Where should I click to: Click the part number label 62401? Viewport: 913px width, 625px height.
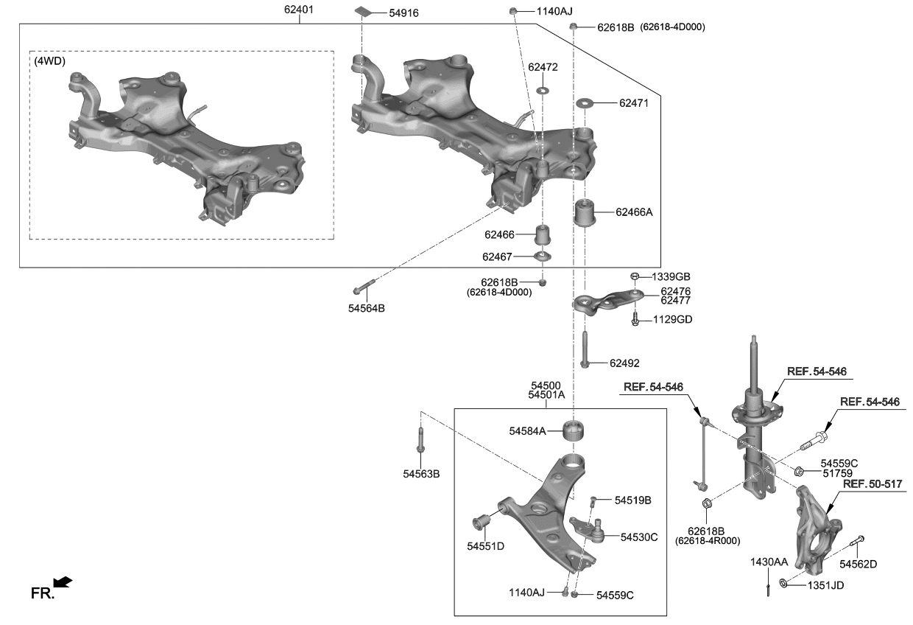300,10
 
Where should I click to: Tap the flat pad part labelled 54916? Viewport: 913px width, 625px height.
362,12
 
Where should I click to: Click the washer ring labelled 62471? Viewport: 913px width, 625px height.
585,103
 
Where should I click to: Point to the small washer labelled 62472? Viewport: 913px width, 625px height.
543,90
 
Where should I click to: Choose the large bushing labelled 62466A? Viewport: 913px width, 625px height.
584,212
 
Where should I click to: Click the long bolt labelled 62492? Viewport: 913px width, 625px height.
584,349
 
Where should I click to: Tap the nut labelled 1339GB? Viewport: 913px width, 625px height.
634,276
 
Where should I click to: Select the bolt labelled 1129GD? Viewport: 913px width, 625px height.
635,319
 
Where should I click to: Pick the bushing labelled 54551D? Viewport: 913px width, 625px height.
482,522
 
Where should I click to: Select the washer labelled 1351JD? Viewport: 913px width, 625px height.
783,584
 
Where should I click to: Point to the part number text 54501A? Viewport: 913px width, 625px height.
546,395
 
